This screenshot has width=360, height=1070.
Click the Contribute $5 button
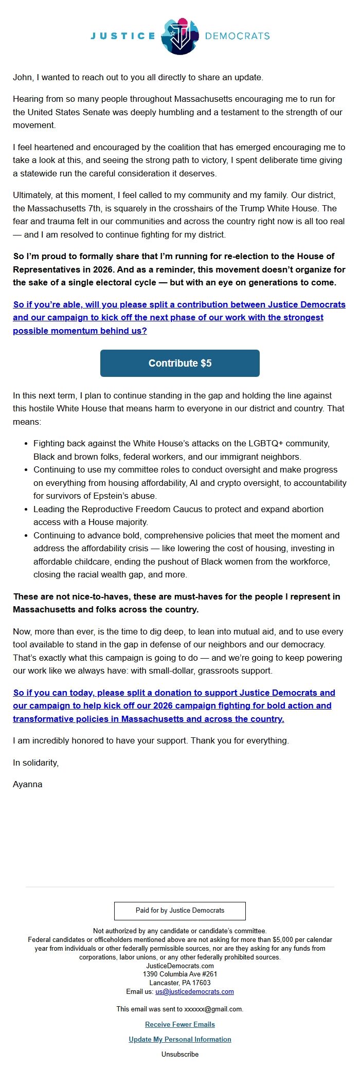179,363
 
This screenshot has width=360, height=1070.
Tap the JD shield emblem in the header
179,35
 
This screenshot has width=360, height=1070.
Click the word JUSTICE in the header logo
123,36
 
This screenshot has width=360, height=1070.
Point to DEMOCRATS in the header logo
237,36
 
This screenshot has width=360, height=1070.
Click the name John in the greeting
22,77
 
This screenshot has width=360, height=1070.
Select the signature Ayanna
28,784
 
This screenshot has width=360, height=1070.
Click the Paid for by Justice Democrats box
179,910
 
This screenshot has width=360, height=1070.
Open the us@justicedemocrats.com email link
194,991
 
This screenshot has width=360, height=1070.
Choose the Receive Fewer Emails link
179,1024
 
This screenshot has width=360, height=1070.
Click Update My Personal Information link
179,1039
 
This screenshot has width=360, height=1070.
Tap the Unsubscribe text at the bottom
179,1054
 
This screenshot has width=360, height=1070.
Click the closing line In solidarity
35,763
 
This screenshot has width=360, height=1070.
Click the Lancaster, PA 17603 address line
179,983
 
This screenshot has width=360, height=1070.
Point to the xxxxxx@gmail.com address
213,1009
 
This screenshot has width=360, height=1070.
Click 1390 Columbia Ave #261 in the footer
179,974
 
